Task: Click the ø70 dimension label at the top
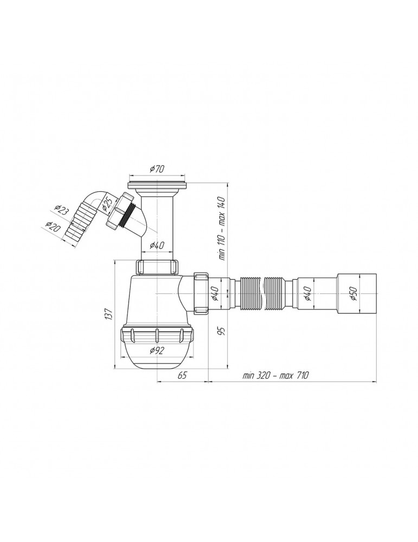coord(157,169)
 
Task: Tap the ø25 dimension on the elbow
coord(107,205)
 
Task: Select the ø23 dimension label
coord(62,210)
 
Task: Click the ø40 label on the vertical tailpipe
coord(158,246)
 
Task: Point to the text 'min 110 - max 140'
coord(222,228)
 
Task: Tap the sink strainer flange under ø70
coord(157,186)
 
